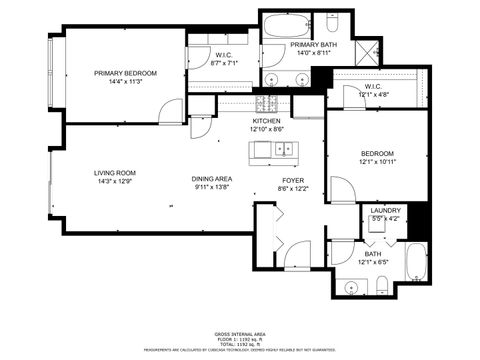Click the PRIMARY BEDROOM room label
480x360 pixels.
tap(126, 73)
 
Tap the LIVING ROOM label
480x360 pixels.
tap(115, 172)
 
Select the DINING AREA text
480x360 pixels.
tap(212, 179)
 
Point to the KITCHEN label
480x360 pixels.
tap(266, 120)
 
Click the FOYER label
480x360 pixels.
tap(293, 179)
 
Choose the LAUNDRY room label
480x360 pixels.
tap(385, 210)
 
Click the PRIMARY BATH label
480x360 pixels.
tap(313, 46)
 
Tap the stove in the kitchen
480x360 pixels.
tap(268, 103)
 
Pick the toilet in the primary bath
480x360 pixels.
tap(330, 19)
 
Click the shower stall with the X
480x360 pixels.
tap(367, 49)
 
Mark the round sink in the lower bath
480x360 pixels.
tap(350, 288)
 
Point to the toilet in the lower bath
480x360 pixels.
tap(381, 287)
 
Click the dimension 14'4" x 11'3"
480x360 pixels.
tap(126, 83)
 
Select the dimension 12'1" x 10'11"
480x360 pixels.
tap(378, 162)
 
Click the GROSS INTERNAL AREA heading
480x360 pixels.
tap(239, 333)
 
